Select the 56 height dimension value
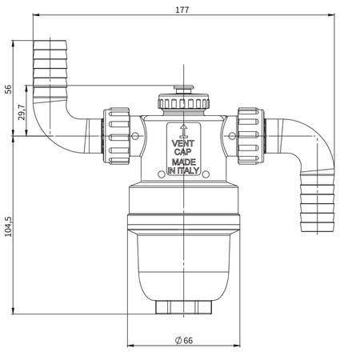pyautogui.click(x=9, y=88)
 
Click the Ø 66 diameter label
pyautogui.click(x=184, y=341)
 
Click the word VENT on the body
pyautogui.click(x=183, y=143)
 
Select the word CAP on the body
pyautogui.click(x=183, y=152)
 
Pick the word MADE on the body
pyautogui.click(x=183, y=162)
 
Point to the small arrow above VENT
pyautogui.click(x=183, y=128)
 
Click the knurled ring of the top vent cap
pyautogui.click(x=184, y=103)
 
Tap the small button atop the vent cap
pyautogui.click(x=184, y=90)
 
